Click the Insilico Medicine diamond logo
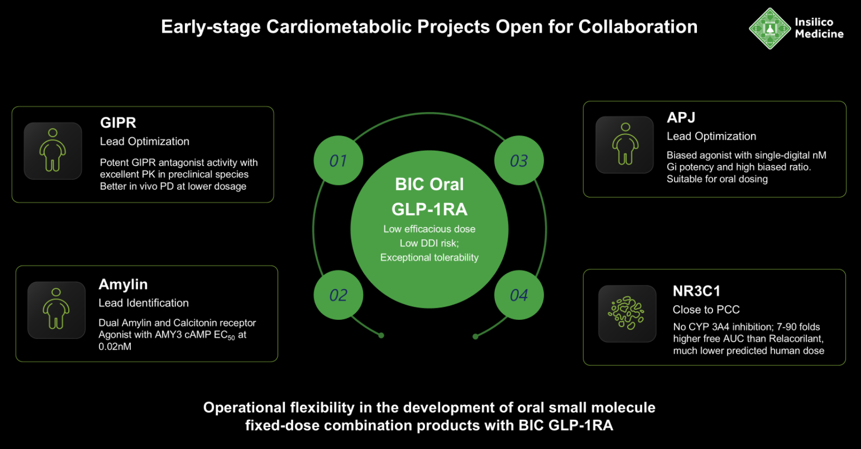tap(770, 28)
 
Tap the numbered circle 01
tap(338, 160)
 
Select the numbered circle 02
tap(338, 295)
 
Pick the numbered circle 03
tap(519, 160)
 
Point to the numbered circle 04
tap(519, 295)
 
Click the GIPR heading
tap(118, 123)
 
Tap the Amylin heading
tap(123, 284)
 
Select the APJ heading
tap(681, 118)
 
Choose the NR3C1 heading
tap(696, 291)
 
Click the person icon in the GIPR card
tap(53, 151)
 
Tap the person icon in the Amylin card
tap(56, 310)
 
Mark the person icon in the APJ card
tap(625, 144)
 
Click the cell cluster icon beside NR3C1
tap(627, 313)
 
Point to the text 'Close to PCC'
tap(706, 310)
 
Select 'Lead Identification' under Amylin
tap(144, 303)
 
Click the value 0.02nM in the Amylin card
tap(115, 347)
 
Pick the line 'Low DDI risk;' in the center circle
tap(429, 243)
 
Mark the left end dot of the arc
tap(381, 335)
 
